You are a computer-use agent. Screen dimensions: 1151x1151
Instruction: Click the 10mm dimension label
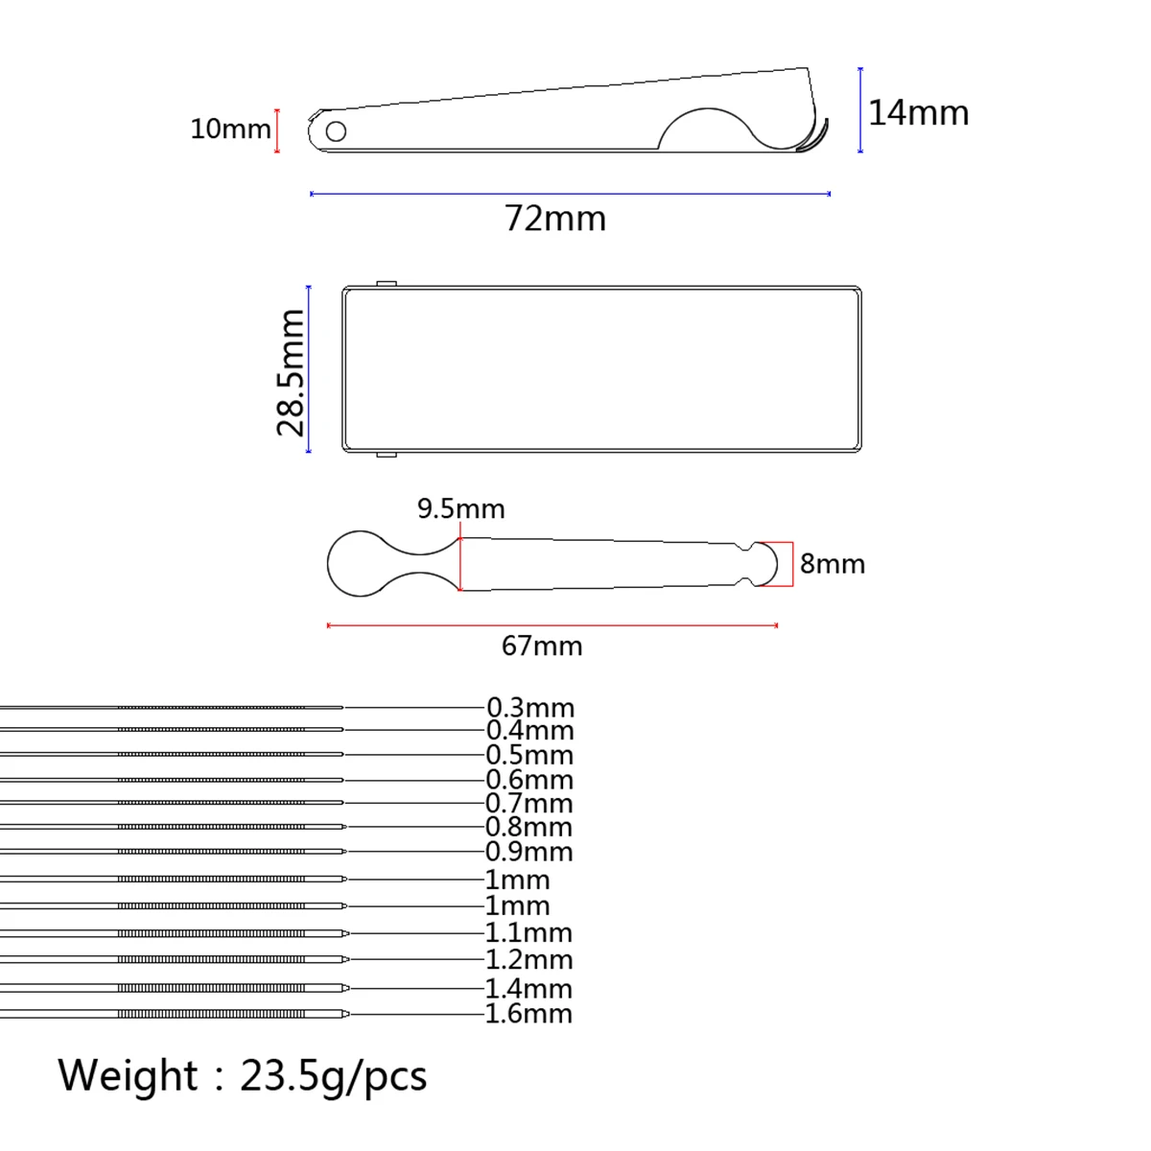230,129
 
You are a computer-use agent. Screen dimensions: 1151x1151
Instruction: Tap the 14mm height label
918,113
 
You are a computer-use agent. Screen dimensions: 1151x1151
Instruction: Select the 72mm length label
555,219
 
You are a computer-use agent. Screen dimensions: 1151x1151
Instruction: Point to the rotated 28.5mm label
291,372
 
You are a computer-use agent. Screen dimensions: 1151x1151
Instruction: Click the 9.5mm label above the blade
460,508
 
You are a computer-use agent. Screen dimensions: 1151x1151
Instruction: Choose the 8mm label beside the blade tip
832,564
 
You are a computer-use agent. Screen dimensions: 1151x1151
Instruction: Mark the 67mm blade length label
542,646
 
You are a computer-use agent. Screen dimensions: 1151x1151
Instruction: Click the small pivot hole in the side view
336,130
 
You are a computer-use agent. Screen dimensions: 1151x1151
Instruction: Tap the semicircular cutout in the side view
708,129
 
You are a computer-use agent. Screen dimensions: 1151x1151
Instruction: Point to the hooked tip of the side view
815,140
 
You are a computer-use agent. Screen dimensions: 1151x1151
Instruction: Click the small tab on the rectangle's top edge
387,283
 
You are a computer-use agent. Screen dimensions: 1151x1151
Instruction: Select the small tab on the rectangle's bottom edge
387,454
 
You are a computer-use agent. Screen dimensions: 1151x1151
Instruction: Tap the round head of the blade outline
358,564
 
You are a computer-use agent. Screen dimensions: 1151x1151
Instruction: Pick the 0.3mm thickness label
530,708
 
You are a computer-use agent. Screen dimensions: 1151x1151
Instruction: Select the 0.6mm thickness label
529,780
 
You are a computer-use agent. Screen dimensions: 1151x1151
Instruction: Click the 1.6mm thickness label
529,1014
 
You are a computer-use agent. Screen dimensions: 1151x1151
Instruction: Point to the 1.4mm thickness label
529,988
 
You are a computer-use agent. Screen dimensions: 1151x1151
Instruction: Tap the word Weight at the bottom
127,1075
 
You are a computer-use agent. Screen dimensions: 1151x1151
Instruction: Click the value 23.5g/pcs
333,1076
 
